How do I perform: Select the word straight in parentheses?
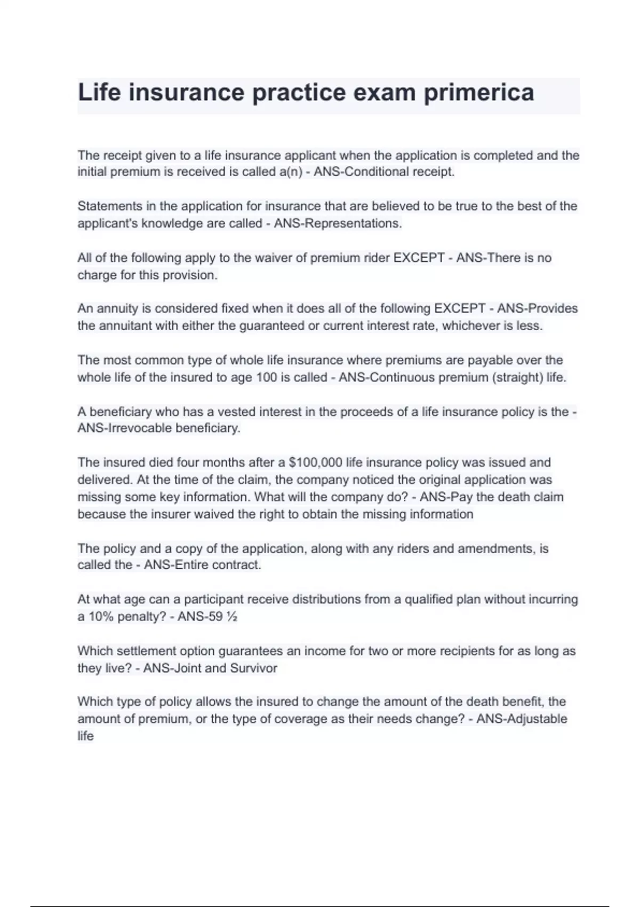517,378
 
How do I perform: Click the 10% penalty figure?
99,617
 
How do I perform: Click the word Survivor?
254,669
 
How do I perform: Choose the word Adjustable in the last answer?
537,719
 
